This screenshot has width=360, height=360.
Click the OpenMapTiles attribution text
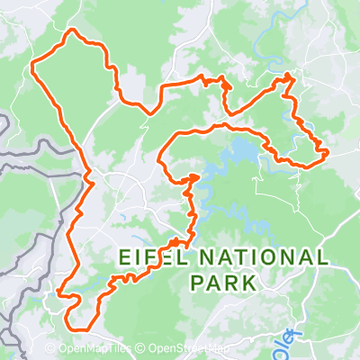tap(88, 349)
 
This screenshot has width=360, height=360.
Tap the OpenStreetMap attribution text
tap(184, 349)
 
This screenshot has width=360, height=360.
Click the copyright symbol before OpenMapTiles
tap(49, 349)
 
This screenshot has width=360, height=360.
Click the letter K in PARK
tap(249, 283)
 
